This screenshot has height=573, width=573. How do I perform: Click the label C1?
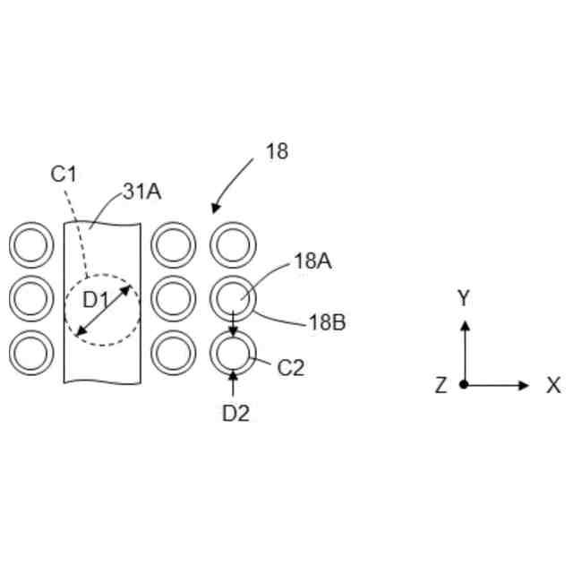pos(64,175)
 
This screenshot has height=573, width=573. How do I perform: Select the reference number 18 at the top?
pos(278,151)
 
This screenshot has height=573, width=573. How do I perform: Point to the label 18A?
pos(313,261)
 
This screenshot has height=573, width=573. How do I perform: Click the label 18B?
pos(327,322)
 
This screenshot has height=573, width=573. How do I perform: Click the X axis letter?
pos(553,386)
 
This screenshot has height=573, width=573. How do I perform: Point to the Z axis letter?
pos(440,386)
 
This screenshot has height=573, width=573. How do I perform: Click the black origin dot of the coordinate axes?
pos(464,385)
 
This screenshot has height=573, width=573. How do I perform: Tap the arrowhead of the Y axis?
pos(464,324)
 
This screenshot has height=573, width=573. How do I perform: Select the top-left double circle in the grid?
pos(31,244)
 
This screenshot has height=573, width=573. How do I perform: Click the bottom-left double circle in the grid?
pos(31,354)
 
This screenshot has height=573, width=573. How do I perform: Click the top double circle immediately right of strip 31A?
pos(174,244)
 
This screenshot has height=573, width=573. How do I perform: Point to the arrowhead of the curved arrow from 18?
pos(214,210)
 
